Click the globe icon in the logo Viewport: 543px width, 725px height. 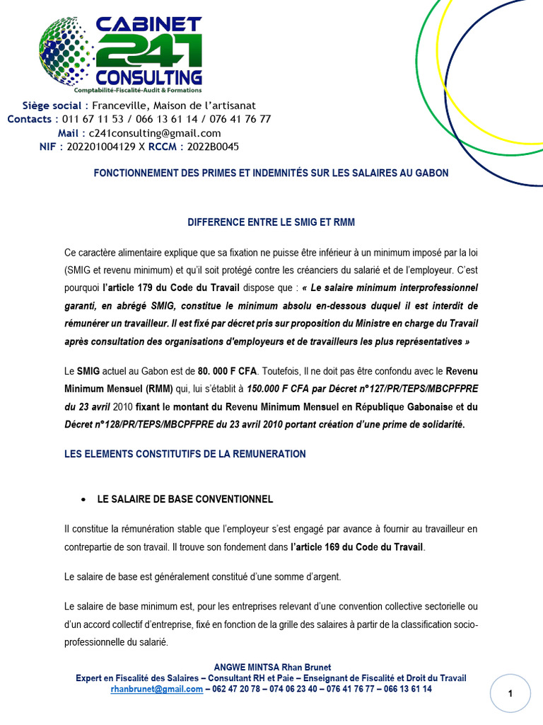point(65,49)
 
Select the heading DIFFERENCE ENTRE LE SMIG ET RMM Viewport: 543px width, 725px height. point(271,222)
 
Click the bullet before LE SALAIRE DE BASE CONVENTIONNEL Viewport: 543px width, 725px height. point(83,499)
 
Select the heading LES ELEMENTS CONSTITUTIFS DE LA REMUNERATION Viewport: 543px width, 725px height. point(185,454)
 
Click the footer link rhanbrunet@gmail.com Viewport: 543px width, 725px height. point(156,689)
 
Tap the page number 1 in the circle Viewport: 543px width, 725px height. point(510,695)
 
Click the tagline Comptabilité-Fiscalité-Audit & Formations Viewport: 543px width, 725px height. point(138,90)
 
